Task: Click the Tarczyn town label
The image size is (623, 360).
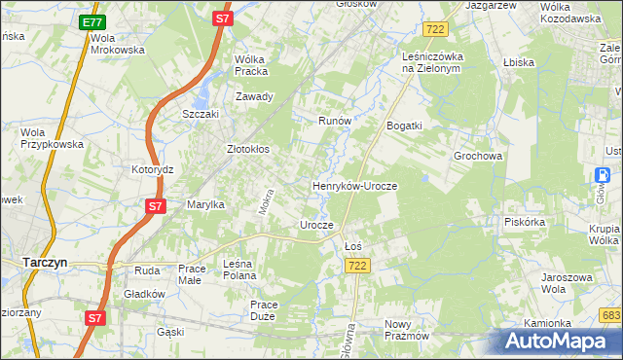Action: coord(43,262)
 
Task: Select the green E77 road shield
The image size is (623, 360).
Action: coord(92,21)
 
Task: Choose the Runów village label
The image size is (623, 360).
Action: coord(335,122)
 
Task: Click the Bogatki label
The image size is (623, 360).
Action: coord(405,126)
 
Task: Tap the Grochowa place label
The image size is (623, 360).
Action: coord(478,156)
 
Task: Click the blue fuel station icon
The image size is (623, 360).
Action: coord(602,175)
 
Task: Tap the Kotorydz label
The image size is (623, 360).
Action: coord(152,169)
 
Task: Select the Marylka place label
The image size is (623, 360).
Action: coord(206,204)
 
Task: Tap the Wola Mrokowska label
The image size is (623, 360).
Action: coord(118,44)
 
